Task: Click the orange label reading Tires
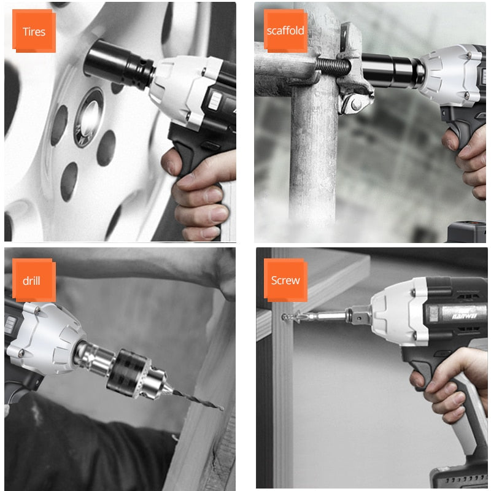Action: [x=34, y=31]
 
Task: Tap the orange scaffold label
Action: [x=285, y=31]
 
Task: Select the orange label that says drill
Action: [x=34, y=280]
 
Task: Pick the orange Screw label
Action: [x=285, y=280]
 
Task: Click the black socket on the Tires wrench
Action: [x=119, y=66]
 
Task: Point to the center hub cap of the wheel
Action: [x=90, y=117]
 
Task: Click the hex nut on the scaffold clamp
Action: [x=356, y=104]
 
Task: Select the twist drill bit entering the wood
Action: [x=198, y=400]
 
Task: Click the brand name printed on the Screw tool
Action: [x=464, y=315]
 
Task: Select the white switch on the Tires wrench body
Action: [x=215, y=101]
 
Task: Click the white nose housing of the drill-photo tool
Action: [x=47, y=338]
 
